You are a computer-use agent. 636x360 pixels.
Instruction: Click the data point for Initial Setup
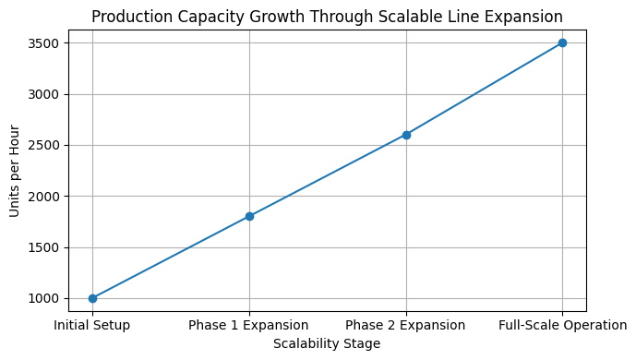92,298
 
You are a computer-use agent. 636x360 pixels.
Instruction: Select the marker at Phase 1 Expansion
249,216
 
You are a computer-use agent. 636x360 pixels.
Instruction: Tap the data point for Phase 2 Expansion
406,135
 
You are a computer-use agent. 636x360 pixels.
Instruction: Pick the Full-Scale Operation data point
562,42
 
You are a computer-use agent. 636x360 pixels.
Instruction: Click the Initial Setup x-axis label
92,325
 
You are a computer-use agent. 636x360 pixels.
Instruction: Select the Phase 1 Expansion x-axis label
249,325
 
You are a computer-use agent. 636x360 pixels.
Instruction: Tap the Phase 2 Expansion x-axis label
406,325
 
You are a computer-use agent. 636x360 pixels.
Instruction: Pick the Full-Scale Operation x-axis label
562,325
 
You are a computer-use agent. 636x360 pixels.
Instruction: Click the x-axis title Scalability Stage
327,343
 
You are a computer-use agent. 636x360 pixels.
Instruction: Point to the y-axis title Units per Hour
14,171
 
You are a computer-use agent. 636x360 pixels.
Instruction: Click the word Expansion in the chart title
527,17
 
